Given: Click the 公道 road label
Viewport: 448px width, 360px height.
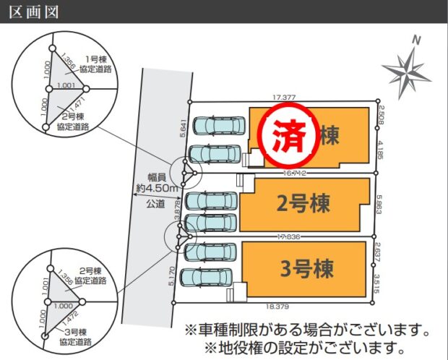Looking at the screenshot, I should coord(156,205).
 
